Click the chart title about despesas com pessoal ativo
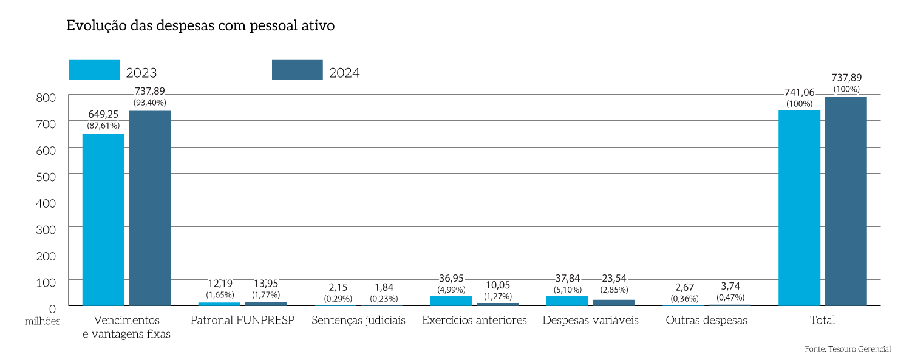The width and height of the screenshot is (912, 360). click(x=200, y=27)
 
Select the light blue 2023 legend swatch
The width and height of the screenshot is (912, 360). click(x=94, y=70)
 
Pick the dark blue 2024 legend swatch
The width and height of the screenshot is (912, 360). click(x=297, y=70)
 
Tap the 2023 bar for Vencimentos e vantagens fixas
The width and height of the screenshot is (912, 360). click(x=103, y=220)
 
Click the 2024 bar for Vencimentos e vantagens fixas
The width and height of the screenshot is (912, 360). click(x=149, y=208)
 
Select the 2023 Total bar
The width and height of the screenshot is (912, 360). click(x=799, y=208)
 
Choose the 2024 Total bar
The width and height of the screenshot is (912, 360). click(x=846, y=202)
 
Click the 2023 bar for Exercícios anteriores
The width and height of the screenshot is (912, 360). click(x=451, y=301)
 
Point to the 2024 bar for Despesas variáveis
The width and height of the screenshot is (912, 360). click(x=614, y=302)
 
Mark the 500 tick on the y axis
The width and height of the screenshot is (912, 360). click(x=46, y=176)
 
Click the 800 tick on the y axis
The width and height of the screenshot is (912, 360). click(x=46, y=97)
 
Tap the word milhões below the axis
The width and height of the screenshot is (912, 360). click(x=43, y=322)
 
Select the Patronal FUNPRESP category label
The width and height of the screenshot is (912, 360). click(x=242, y=320)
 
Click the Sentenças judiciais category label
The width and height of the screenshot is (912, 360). click(x=358, y=320)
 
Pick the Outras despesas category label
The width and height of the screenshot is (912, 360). click(x=706, y=320)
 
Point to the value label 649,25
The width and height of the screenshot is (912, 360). click(x=103, y=114)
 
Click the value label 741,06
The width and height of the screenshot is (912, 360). click(x=799, y=92)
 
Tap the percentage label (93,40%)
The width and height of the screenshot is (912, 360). click(x=149, y=103)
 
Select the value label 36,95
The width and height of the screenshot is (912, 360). click(x=451, y=279)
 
